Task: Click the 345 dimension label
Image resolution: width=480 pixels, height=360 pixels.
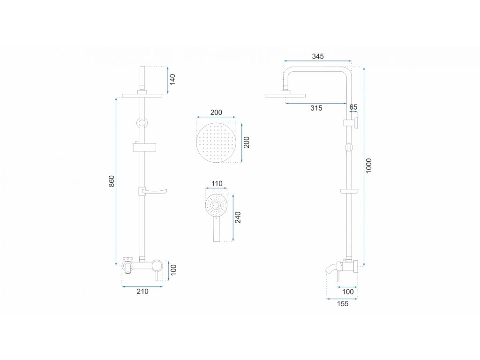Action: (318, 56)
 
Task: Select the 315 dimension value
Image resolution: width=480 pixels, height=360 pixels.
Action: (316, 108)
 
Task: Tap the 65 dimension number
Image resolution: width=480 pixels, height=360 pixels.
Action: (353, 107)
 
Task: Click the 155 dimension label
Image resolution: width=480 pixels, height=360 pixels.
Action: (343, 304)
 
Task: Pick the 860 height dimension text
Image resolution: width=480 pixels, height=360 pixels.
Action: (112, 181)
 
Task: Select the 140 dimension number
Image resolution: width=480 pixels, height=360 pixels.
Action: (172, 79)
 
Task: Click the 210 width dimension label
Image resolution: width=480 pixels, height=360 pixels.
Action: (142, 292)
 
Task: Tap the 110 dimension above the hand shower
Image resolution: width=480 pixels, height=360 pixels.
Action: (216, 183)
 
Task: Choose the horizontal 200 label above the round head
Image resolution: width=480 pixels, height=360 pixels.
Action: (216, 112)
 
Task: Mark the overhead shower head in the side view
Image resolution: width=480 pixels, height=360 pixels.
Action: (285, 95)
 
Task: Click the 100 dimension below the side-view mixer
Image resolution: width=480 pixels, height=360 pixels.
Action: (347, 292)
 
